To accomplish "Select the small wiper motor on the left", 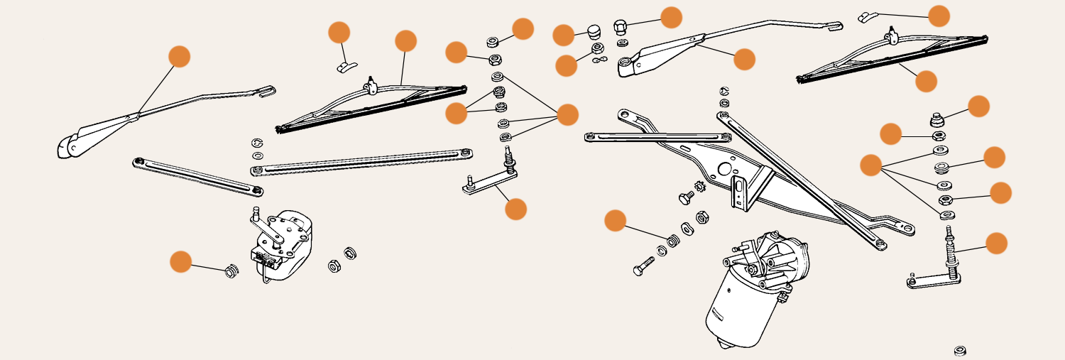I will [284, 245].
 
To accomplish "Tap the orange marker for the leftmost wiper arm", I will [180, 56].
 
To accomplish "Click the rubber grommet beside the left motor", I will [231, 271].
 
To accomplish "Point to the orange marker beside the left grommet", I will [181, 261].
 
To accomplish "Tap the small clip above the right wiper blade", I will [868, 17].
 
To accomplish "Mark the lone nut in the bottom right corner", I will [960, 351].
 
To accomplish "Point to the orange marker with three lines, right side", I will [870, 165].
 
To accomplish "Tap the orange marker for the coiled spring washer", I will [615, 220].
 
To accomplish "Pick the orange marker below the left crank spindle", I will [515, 209].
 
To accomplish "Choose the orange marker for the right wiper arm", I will [744, 59].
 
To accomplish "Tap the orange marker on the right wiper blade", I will [926, 81].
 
